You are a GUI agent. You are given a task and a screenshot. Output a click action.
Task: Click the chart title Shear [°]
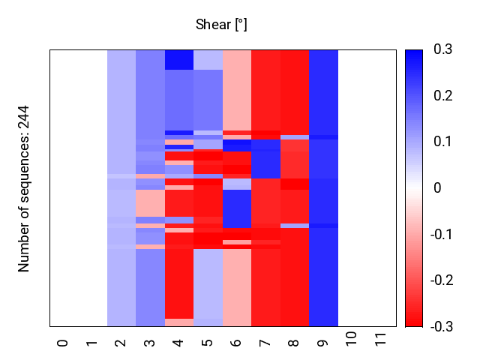(x=221, y=25)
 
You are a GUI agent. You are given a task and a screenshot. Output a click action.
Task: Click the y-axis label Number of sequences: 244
(x=24, y=188)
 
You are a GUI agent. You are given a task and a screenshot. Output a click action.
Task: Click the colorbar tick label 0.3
(x=443, y=49)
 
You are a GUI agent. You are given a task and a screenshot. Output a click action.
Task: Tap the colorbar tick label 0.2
(x=443, y=96)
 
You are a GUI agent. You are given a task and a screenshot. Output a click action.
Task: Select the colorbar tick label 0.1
(x=443, y=142)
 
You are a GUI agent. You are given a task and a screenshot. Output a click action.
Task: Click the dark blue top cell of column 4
(x=179, y=59)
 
